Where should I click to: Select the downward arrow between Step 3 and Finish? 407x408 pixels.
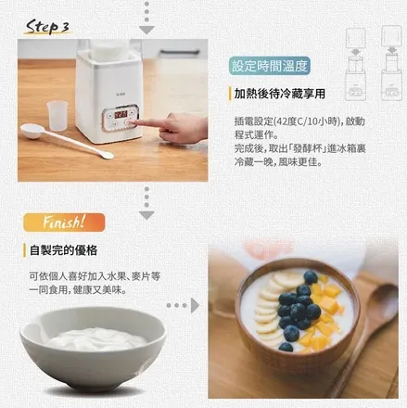146,201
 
